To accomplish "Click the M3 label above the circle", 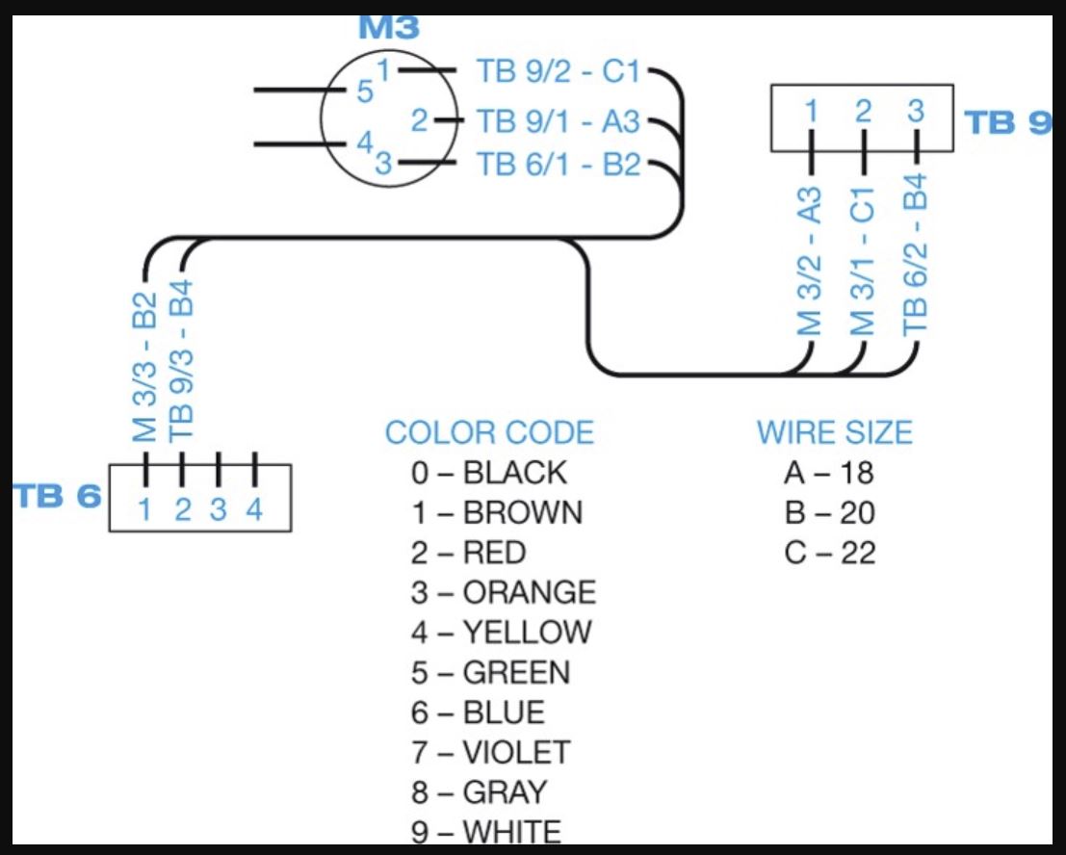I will click(x=389, y=26).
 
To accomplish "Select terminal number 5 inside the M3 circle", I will click(x=365, y=92).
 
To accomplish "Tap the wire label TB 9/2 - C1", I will click(x=559, y=71).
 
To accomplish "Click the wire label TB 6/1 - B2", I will click(x=559, y=165).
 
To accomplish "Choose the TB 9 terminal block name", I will click(x=1007, y=123).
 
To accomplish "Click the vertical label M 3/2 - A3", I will click(x=810, y=261).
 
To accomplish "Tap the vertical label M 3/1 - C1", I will click(x=863, y=261).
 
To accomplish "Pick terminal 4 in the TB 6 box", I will click(x=254, y=510).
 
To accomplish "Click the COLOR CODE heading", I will click(x=489, y=432).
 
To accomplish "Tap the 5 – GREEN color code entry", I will click(x=491, y=672).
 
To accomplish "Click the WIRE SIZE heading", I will click(x=834, y=432).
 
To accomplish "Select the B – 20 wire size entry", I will click(x=830, y=513).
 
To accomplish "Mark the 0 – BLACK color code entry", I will click(x=489, y=473).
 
